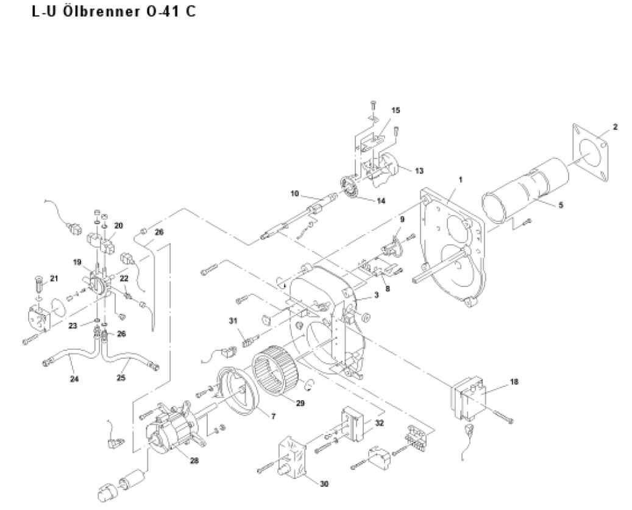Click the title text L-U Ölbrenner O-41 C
point(113,12)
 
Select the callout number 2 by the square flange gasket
point(615,127)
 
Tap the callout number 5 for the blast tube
point(561,205)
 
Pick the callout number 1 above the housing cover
point(461,180)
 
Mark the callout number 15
point(396,110)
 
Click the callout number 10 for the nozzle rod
point(294,194)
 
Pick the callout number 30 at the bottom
point(324,484)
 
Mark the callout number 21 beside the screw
point(54,278)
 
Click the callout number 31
point(232,321)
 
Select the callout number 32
point(380,422)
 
